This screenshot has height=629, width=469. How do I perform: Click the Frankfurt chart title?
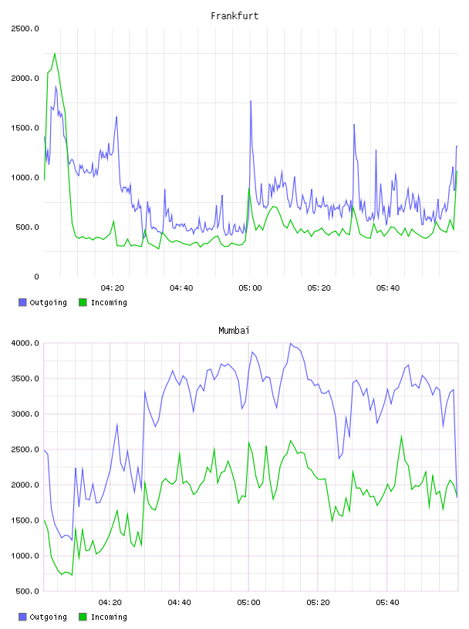point(235,16)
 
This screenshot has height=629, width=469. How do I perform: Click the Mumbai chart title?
point(234,331)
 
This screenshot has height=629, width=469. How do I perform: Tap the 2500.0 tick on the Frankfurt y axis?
point(25,29)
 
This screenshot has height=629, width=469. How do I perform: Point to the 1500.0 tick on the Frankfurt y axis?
point(25,128)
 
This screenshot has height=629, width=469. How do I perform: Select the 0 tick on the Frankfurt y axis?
point(36,277)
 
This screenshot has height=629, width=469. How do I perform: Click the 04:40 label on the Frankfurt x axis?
point(181,288)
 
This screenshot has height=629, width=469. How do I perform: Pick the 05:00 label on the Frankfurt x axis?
point(250,288)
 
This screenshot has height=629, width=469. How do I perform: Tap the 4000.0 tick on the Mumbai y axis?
point(25,343)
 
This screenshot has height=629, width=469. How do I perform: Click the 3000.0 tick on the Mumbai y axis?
point(25,414)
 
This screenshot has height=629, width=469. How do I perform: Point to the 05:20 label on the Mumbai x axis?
point(318,603)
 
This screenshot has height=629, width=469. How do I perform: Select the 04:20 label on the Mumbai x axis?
point(110,603)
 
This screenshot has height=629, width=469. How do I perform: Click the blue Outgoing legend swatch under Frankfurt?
point(22,302)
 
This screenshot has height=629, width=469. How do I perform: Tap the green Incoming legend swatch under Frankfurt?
point(83,302)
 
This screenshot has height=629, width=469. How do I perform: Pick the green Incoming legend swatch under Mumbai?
point(83,617)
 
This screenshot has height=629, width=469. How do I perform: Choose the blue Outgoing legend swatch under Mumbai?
point(22,617)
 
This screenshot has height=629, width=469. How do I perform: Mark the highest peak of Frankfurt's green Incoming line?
point(55,53)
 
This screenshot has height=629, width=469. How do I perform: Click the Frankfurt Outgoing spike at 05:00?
point(251,101)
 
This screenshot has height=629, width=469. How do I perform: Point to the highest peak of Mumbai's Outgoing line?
point(291,343)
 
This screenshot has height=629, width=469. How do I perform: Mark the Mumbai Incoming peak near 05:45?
point(402,436)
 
